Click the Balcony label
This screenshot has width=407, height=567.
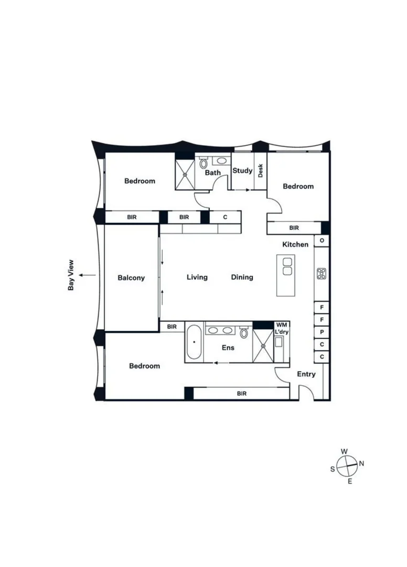pos(131,278)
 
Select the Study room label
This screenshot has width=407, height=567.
pos(242,171)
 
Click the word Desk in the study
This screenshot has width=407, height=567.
pos(260,171)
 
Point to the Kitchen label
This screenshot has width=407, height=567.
pos(295,245)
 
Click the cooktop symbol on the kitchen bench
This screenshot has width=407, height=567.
pos(322,274)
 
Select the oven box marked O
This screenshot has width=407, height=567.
pos(322,241)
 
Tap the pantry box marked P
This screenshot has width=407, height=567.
pos(322,332)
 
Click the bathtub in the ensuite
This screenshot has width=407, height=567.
pos(194,342)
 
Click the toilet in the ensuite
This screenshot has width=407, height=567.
pos(244,332)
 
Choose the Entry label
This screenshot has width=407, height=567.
pos(306,374)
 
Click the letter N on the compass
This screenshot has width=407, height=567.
pos(362,464)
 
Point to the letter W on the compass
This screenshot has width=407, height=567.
pos(345,451)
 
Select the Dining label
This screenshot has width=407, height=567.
pos(242,277)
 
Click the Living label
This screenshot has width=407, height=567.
pos(197,277)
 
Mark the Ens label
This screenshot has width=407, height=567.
pos(228,348)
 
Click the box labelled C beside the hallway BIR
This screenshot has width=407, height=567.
pos(225,217)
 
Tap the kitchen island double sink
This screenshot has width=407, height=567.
pos(287,266)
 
